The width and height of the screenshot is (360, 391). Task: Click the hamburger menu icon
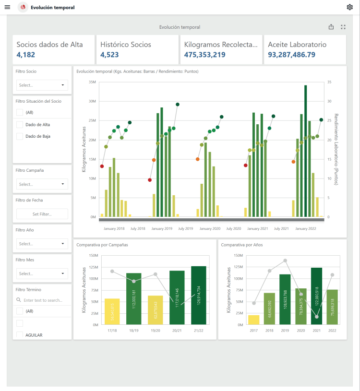[x=7, y=7]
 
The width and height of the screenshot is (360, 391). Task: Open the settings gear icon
[x=349, y=7]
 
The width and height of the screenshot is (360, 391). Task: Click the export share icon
[x=331, y=27]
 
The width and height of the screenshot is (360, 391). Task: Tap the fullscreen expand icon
[x=343, y=27]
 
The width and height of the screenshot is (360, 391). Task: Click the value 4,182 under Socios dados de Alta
[x=25, y=55]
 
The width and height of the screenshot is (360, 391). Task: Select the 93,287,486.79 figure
[x=291, y=55]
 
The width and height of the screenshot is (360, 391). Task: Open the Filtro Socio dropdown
[x=42, y=85]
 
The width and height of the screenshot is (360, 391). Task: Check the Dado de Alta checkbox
[x=20, y=124]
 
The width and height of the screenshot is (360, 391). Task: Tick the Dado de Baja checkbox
[x=20, y=136]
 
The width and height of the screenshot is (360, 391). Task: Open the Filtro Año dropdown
[x=42, y=244]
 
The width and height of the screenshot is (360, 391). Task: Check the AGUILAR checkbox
[x=20, y=335]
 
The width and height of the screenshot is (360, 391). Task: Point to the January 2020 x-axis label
[x=210, y=229]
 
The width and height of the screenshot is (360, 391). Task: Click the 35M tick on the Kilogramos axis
[x=93, y=82]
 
